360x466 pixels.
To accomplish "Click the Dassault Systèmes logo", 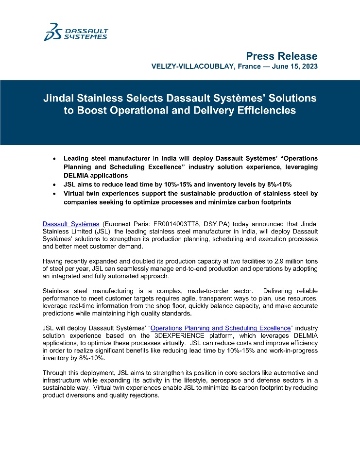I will click(76, 32).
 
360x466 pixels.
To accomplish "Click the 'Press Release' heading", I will click(282, 56).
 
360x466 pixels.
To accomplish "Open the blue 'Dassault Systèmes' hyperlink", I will click(71, 224).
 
